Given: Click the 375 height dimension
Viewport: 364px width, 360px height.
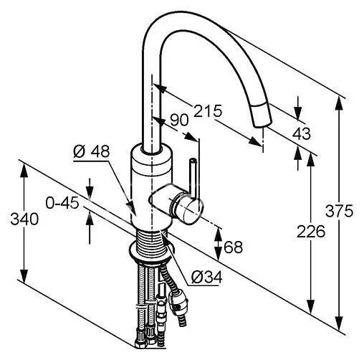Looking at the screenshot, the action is tap(339, 211).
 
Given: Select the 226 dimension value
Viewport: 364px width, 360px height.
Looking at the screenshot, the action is tap(311, 232).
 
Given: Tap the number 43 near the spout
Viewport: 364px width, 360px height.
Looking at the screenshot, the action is tap(302, 133).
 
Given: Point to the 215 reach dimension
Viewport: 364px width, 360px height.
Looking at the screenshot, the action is tap(208, 110).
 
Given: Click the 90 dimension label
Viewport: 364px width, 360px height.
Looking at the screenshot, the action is tap(179, 120).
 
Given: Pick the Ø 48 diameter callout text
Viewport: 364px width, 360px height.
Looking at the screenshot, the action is tap(92, 151).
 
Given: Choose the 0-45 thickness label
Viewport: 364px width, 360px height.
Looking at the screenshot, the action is tap(62, 203).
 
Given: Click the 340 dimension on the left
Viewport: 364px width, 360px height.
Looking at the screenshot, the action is tap(24, 219).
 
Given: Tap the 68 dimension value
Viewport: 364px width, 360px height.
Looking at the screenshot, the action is tap(234, 247).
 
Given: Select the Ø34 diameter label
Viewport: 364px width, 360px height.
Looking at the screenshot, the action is tap(207, 277).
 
